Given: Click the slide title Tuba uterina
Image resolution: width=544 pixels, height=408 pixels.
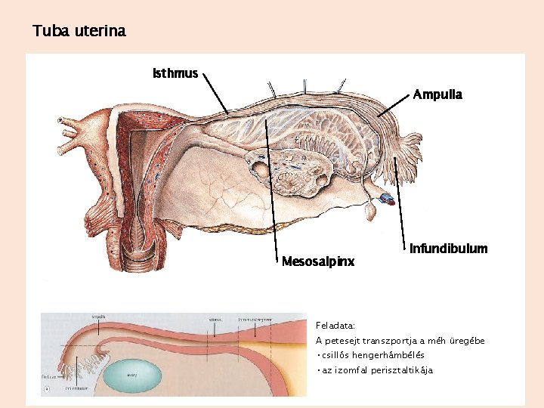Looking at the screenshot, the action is click(79, 32).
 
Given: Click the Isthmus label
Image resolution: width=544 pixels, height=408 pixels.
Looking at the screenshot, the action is click(175, 73).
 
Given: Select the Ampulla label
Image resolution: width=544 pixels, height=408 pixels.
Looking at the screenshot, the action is click(437, 95).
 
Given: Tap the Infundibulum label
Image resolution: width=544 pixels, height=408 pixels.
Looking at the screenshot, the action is click(448, 249).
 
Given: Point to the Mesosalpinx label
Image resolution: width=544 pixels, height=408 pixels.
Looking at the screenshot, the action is click(317, 262).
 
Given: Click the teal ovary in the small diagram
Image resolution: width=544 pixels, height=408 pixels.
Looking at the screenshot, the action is click(133, 373).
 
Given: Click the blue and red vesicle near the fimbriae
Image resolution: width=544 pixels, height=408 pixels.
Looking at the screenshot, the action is click(387, 199).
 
